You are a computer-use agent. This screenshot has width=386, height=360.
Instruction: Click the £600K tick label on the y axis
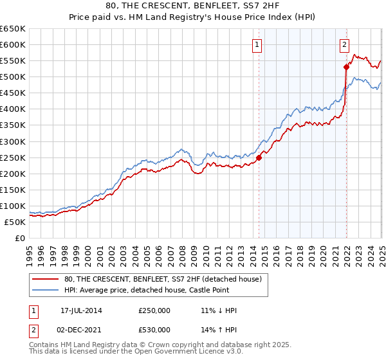12,44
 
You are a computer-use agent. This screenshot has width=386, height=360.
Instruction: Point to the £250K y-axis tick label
12,157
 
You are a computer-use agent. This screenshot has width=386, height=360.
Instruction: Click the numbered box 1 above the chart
257,44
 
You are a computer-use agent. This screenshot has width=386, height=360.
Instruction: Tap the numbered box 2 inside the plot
344,44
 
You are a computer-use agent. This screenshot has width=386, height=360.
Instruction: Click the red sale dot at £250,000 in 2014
259,157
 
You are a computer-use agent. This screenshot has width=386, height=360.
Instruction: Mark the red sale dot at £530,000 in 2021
346,66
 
